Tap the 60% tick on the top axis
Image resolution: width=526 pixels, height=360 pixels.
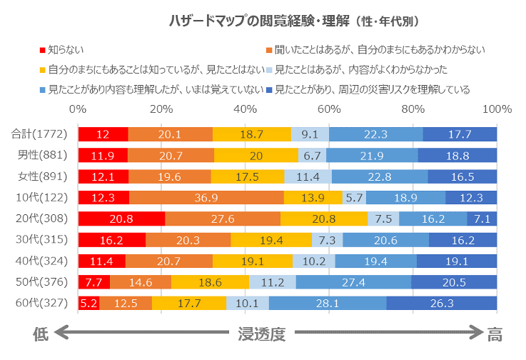pyautogui.click(x=329, y=110)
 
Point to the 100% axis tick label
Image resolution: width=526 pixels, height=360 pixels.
pyautogui.click(x=497, y=110)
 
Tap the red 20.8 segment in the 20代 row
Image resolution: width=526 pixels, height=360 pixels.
pyautogui.click(x=121, y=219)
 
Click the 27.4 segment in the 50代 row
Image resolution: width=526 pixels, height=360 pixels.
pyautogui.click(x=354, y=281)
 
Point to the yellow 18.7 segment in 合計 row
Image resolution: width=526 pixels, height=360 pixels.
pyautogui.click(x=252, y=134)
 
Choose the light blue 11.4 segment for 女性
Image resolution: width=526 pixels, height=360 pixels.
pyautogui.click(x=308, y=176)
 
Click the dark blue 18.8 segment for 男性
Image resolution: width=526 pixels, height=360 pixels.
pyautogui.click(x=457, y=155)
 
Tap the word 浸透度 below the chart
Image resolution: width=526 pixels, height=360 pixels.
pyautogui.click(x=262, y=332)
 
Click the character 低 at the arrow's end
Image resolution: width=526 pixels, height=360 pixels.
pyautogui.click(x=41, y=332)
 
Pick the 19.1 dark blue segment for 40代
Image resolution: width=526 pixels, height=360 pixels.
pyautogui.click(x=457, y=261)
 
